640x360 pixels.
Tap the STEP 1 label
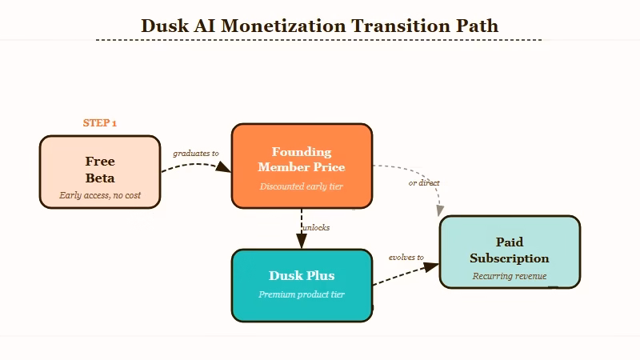pyautogui.click(x=100, y=123)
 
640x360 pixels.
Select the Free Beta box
pyautogui.click(x=100, y=171)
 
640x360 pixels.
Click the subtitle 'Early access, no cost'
pyautogui.click(x=100, y=195)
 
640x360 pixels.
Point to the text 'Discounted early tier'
pyautogui.click(x=302, y=186)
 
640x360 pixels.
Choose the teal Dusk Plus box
pyautogui.click(x=302, y=285)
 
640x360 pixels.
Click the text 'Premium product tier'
pyautogui.click(x=302, y=294)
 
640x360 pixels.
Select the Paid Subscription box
pyautogui.click(x=510, y=251)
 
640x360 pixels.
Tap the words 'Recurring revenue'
pyautogui.click(x=510, y=276)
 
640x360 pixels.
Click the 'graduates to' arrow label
pyautogui.click(x=196, y=153)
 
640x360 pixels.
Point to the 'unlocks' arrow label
pyautogui.click(x=316, y=227)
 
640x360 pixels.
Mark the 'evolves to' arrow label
pyautogui.click(x=406, y=258)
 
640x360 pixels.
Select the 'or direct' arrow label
pyautogui.click(x=424, y=182)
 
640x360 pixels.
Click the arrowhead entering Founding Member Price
pyautogui.click(x=225, y=167)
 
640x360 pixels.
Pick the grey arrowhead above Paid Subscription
pyautogui.click(x=439, y=210)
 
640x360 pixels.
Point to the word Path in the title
pyautogui.click(x=477, y=26)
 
